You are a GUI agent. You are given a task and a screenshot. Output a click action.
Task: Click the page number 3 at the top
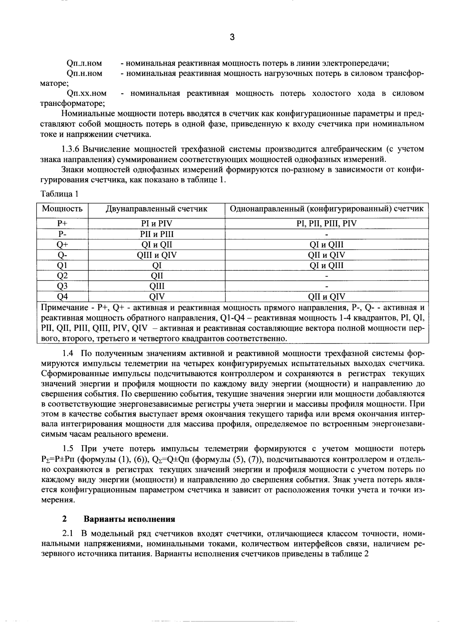[x=232, y=37]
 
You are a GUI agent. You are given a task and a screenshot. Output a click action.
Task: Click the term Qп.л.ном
[x=84, y=64]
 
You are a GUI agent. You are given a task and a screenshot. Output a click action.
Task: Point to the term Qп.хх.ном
[x=86, y=94]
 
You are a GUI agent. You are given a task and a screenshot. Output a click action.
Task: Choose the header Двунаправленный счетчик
[x=157, y=209]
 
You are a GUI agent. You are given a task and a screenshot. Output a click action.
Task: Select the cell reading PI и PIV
[x=157, y=224]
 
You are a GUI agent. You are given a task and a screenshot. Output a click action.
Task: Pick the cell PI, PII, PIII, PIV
[x=326, y=224]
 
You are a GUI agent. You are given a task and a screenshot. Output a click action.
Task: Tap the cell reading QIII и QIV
[x=157, y=255]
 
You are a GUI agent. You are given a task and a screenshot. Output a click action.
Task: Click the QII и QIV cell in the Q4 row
[x=326, y=297]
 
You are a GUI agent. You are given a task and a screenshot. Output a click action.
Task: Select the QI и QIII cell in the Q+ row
[x=326, y=245]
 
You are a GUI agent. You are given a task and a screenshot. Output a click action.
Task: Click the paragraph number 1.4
[x=67, y=353]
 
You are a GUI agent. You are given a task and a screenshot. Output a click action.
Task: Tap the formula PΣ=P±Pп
[x=59, y=459]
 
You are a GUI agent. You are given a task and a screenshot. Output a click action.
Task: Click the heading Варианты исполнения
[x=130, y=519]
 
